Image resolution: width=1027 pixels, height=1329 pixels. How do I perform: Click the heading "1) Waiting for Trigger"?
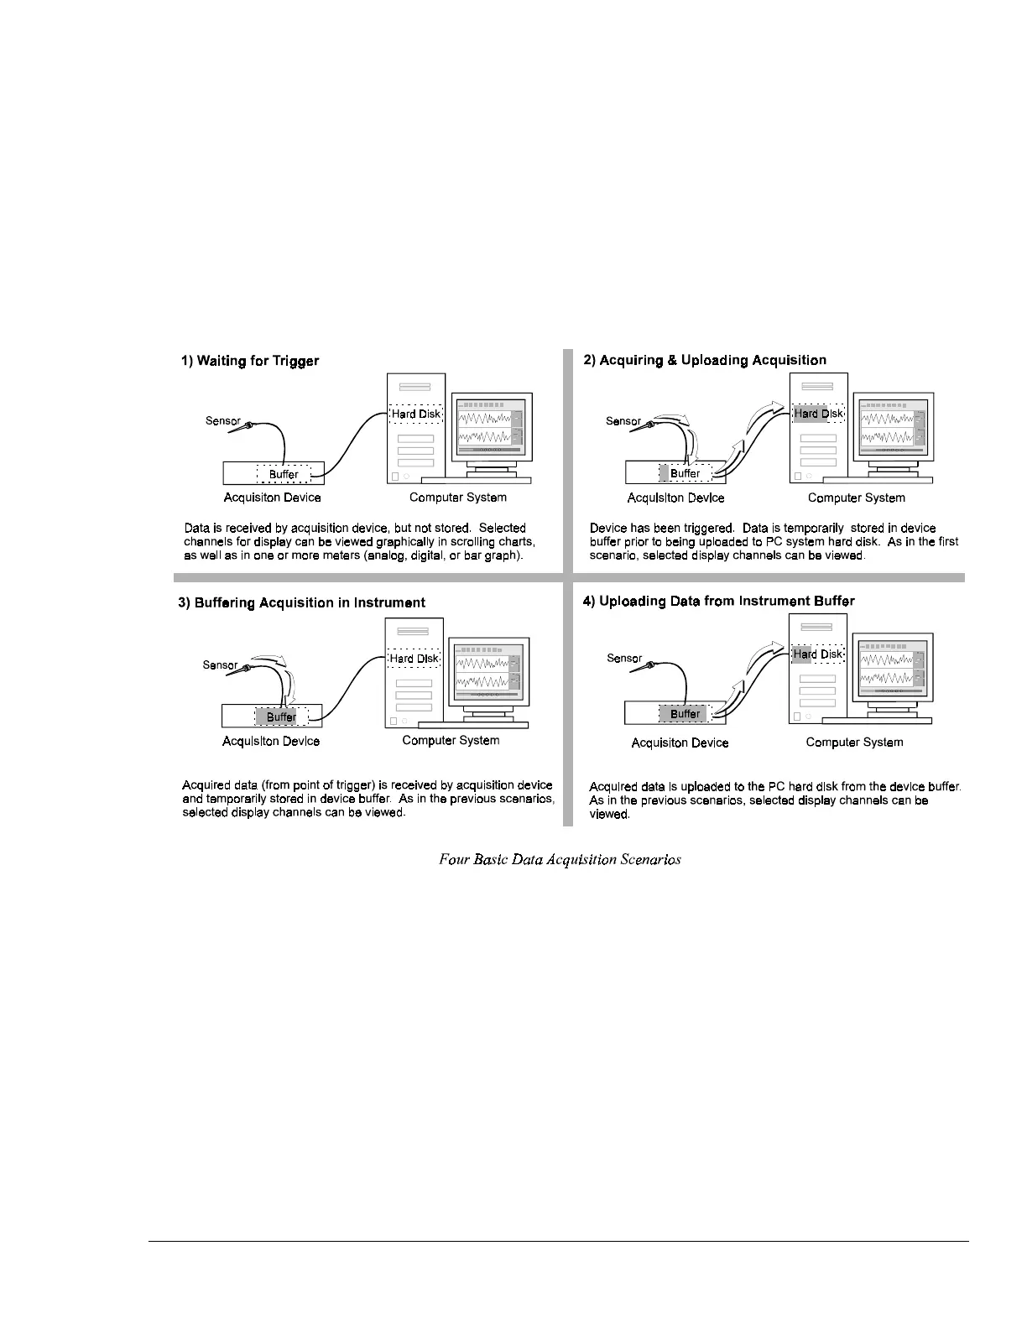point(250,361)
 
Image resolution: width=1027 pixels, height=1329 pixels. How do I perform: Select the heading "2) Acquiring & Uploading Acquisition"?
point(705,360)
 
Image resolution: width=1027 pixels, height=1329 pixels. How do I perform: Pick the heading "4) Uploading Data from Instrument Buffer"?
point(718,601)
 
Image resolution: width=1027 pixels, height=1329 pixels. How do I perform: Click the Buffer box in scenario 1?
point(284,474)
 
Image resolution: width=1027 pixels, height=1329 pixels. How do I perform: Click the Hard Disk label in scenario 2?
point(818,414)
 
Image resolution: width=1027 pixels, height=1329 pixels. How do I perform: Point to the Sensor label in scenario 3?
point(220,665)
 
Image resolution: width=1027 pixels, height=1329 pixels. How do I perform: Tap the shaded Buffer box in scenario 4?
point(685,714)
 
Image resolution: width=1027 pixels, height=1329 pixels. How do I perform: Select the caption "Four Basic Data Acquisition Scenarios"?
point(560,859)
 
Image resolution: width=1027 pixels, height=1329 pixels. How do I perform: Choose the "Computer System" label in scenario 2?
point(856,498)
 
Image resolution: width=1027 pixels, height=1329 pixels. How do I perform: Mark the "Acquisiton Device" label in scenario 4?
point(680,743)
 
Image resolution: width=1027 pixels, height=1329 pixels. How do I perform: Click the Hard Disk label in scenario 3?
point(414,659)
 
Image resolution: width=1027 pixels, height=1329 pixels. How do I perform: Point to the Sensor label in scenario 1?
point(223,420)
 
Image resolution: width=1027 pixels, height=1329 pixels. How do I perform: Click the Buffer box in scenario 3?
point(282,717)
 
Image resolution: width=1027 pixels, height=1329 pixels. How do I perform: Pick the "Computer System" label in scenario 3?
point(451,740)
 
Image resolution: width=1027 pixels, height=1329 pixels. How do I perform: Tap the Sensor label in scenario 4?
point(624,659)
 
